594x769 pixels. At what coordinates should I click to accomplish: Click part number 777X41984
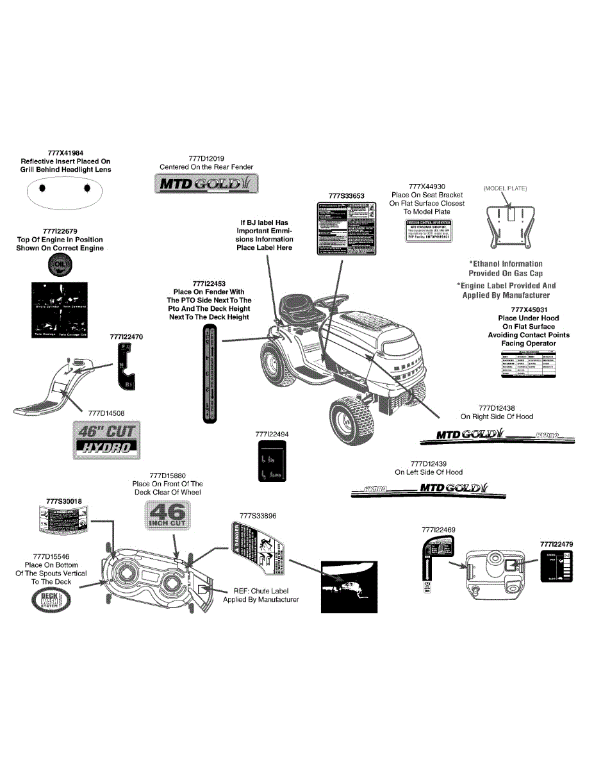coord(65,153)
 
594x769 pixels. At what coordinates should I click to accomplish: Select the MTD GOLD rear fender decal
coord(206,185)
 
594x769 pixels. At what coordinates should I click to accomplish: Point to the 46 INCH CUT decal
coord(167,515)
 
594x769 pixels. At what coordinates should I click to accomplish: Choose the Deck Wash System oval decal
coord(51,599)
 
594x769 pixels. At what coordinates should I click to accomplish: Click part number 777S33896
coord(258,516)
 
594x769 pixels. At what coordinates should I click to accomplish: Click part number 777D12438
coord(497,408)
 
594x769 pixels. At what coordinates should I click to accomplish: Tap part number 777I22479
coord(556,543)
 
